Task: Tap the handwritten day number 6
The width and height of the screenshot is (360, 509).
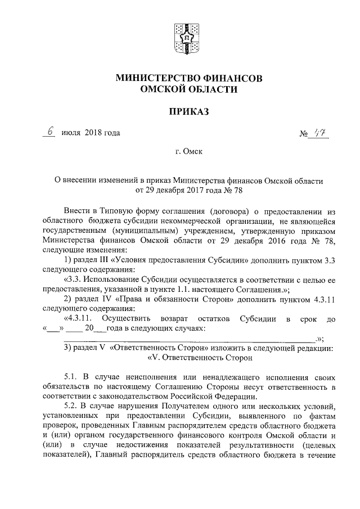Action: click(x=51, y=132)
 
